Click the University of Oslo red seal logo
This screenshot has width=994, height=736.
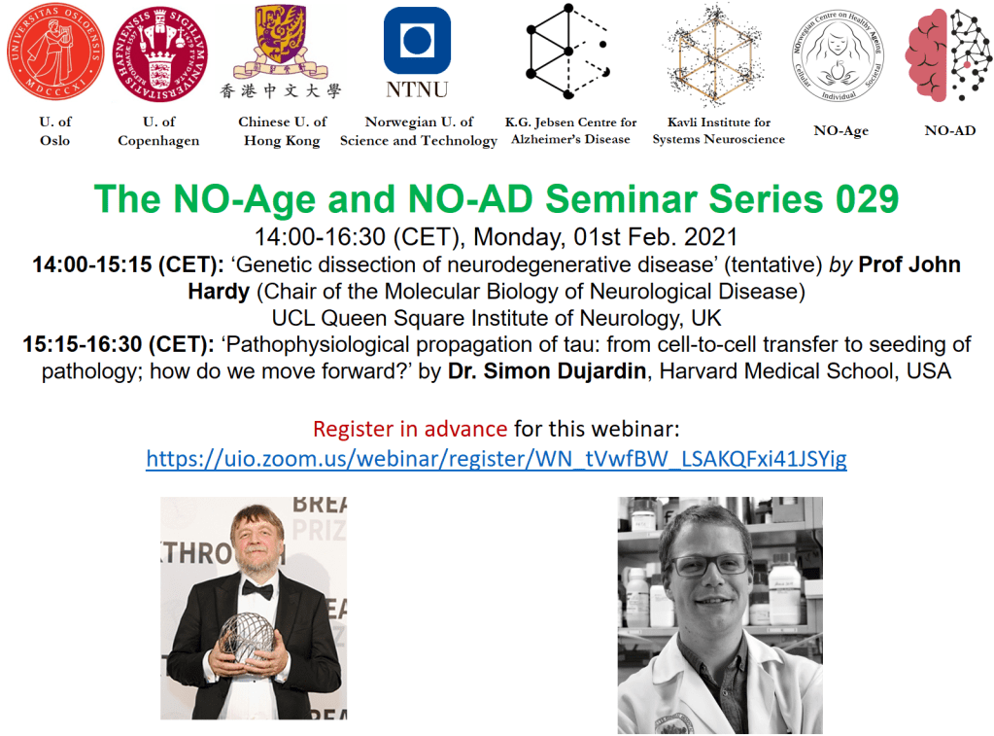tap(55, 52)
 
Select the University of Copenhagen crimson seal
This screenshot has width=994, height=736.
tap(159, 53)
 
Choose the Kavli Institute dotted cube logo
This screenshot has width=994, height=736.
tap(715, 53)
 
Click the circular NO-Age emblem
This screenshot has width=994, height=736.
tap(839, 55)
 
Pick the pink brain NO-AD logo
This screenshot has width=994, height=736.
tap(947, 55)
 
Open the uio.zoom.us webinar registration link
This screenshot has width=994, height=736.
tap(497, 458)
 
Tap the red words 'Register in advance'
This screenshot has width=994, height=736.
tap(410, 430)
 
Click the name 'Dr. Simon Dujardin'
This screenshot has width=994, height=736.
tap(547, 370)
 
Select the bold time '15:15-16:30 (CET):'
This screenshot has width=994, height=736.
tap(119, 344)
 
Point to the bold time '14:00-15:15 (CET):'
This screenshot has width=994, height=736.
tap(128, 264)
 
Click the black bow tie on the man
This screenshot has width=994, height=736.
tap(257, 589)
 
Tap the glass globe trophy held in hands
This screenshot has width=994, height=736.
tap(247, 637)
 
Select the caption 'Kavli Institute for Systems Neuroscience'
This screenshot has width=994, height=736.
tap(719, 130)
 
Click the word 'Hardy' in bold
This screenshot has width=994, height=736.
tap(219, 292)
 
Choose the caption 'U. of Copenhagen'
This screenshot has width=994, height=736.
tap(158, 130)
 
